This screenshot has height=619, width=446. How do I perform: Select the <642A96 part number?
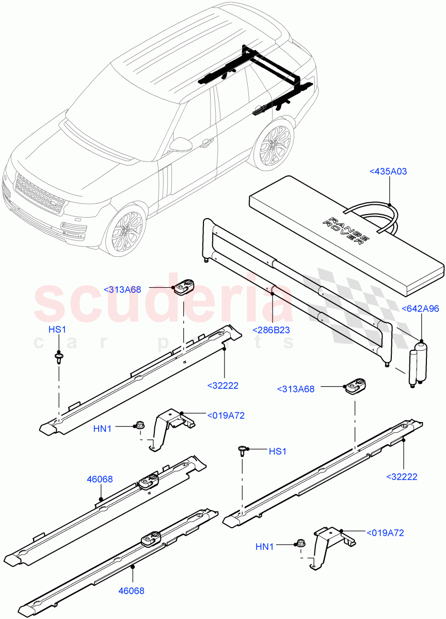click(421, 309)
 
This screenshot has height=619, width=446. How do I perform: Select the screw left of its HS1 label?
click(242, 451)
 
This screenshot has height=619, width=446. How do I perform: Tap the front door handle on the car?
click(206, 142)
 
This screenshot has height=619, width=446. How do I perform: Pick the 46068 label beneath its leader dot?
click(132, 591)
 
